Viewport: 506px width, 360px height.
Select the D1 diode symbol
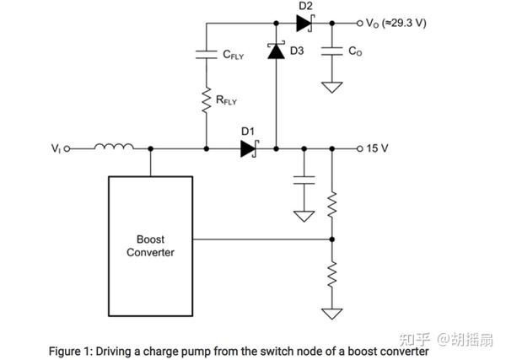point(250,148)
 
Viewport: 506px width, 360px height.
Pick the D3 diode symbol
point(277,51)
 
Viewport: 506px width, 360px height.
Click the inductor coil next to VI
point(114,147)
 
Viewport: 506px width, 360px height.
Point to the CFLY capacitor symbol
point(207,55)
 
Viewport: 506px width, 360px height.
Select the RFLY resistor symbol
point(207,99)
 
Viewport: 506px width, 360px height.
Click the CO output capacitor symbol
point(332,51)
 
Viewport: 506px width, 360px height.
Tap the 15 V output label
point(377,148)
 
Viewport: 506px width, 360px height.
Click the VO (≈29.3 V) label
point(396,24)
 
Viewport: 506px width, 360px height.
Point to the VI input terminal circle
point(67,148)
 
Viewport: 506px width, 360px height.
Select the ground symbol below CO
point(332,88)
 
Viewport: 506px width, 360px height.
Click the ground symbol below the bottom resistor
point(332,314)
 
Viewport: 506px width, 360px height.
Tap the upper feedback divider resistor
point(332,205)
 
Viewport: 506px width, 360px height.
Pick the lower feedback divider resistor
point(332,275)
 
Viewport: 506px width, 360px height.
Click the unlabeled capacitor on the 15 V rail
point(304,180)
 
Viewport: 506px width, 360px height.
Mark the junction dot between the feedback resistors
point(332,239)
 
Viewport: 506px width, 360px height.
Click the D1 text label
point(248,132)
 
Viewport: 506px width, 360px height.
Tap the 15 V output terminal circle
point(360,148)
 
